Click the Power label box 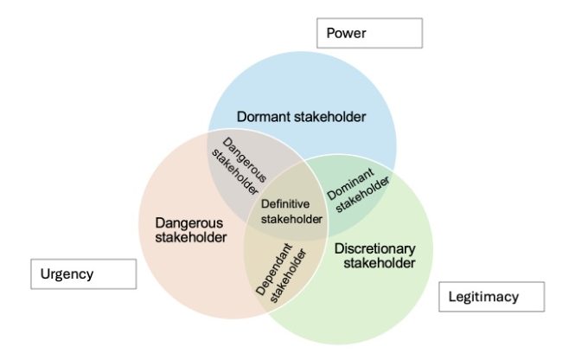(369, 33)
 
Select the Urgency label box (84, 274)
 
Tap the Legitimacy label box (491, 297)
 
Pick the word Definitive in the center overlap (284, 204)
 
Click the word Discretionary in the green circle (374, 248)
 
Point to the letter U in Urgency (43, 274)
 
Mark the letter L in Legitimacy (453, 297)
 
